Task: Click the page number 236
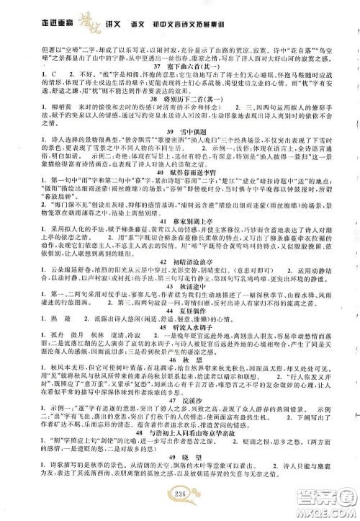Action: coord(180,510)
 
